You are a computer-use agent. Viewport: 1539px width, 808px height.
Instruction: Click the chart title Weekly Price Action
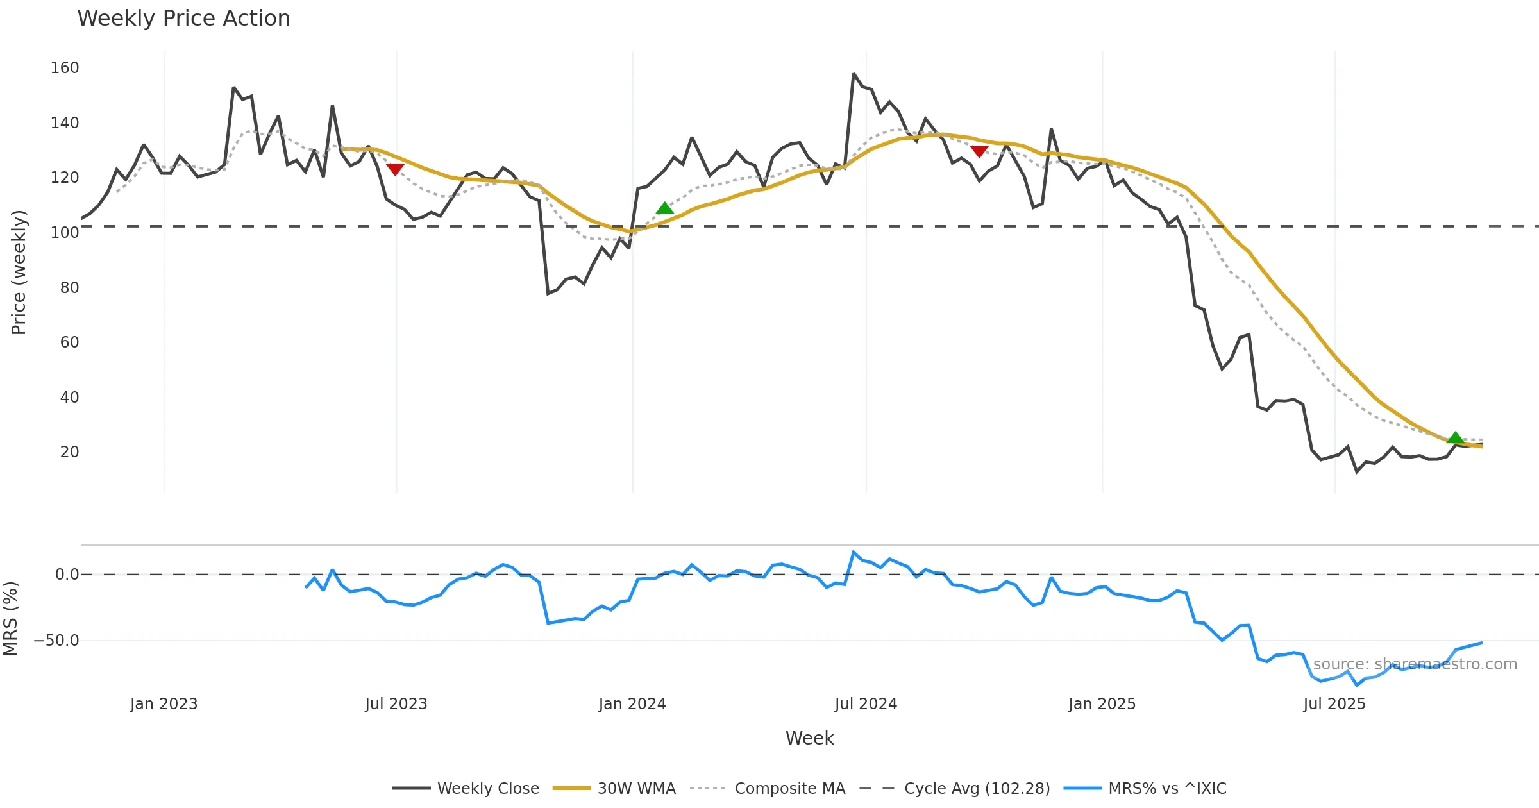point(183,19)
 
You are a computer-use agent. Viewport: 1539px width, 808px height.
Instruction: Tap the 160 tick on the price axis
point(65,68)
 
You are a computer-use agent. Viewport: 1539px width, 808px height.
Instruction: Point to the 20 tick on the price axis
point(69,452)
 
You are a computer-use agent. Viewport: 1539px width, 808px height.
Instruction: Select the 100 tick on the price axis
point(65,233)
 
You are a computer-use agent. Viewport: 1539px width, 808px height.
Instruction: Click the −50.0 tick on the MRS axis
point(56,641)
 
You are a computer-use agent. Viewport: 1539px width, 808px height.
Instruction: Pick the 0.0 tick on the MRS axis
point(67,575)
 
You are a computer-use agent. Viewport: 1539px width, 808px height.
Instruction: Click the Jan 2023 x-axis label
point(164,704)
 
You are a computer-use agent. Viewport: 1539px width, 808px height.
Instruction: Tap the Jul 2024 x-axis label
point(866,704)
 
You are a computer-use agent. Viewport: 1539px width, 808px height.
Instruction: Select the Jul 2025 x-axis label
point(1334,704)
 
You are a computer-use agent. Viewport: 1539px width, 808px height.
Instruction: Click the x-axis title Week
point(809,739)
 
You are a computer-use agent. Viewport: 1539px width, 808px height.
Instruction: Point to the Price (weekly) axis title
point(19,273)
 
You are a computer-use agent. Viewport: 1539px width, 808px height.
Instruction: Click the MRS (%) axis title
point(10,619)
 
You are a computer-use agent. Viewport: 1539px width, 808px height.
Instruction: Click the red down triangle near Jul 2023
point(395,169)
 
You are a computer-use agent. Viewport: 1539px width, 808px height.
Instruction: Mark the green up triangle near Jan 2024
point(665,208)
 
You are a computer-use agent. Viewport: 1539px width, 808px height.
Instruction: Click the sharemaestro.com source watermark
point(1415,664)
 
